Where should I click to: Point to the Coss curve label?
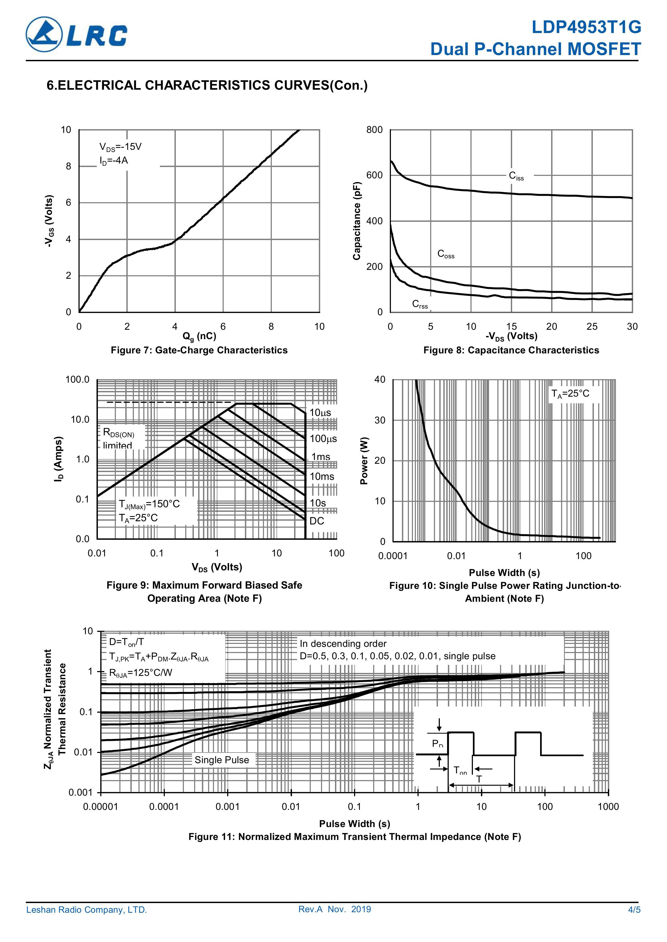(x=446, y=254)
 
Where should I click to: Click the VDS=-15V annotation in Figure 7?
(x=120, y=147)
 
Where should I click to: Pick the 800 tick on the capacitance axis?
(x=374, y=130)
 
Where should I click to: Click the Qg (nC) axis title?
(x=199, y=336)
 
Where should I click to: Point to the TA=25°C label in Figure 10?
(x=570, y=394)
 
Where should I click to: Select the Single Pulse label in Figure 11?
(x=222, y=760)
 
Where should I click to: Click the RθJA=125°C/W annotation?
(x=140, y=673)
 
